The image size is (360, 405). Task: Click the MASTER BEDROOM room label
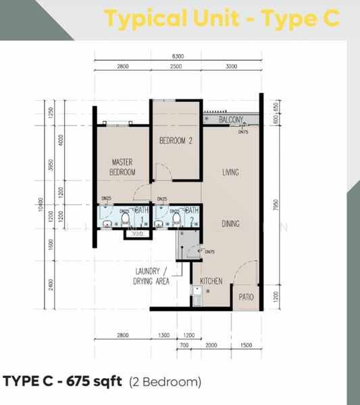[x=122, y=167]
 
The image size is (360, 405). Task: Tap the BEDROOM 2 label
[x=176, y=141]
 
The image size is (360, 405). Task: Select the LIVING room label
[x=230, y=173]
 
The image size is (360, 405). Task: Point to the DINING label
[x=230, y=223]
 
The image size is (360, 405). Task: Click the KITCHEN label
[x=211, y=279]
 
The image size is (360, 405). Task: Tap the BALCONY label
[x=232, y=120]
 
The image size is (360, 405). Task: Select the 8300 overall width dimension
[x=177, y=56]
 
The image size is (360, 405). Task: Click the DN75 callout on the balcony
[x=243, y=132]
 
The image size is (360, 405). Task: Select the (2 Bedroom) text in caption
[x=165, y=382]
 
